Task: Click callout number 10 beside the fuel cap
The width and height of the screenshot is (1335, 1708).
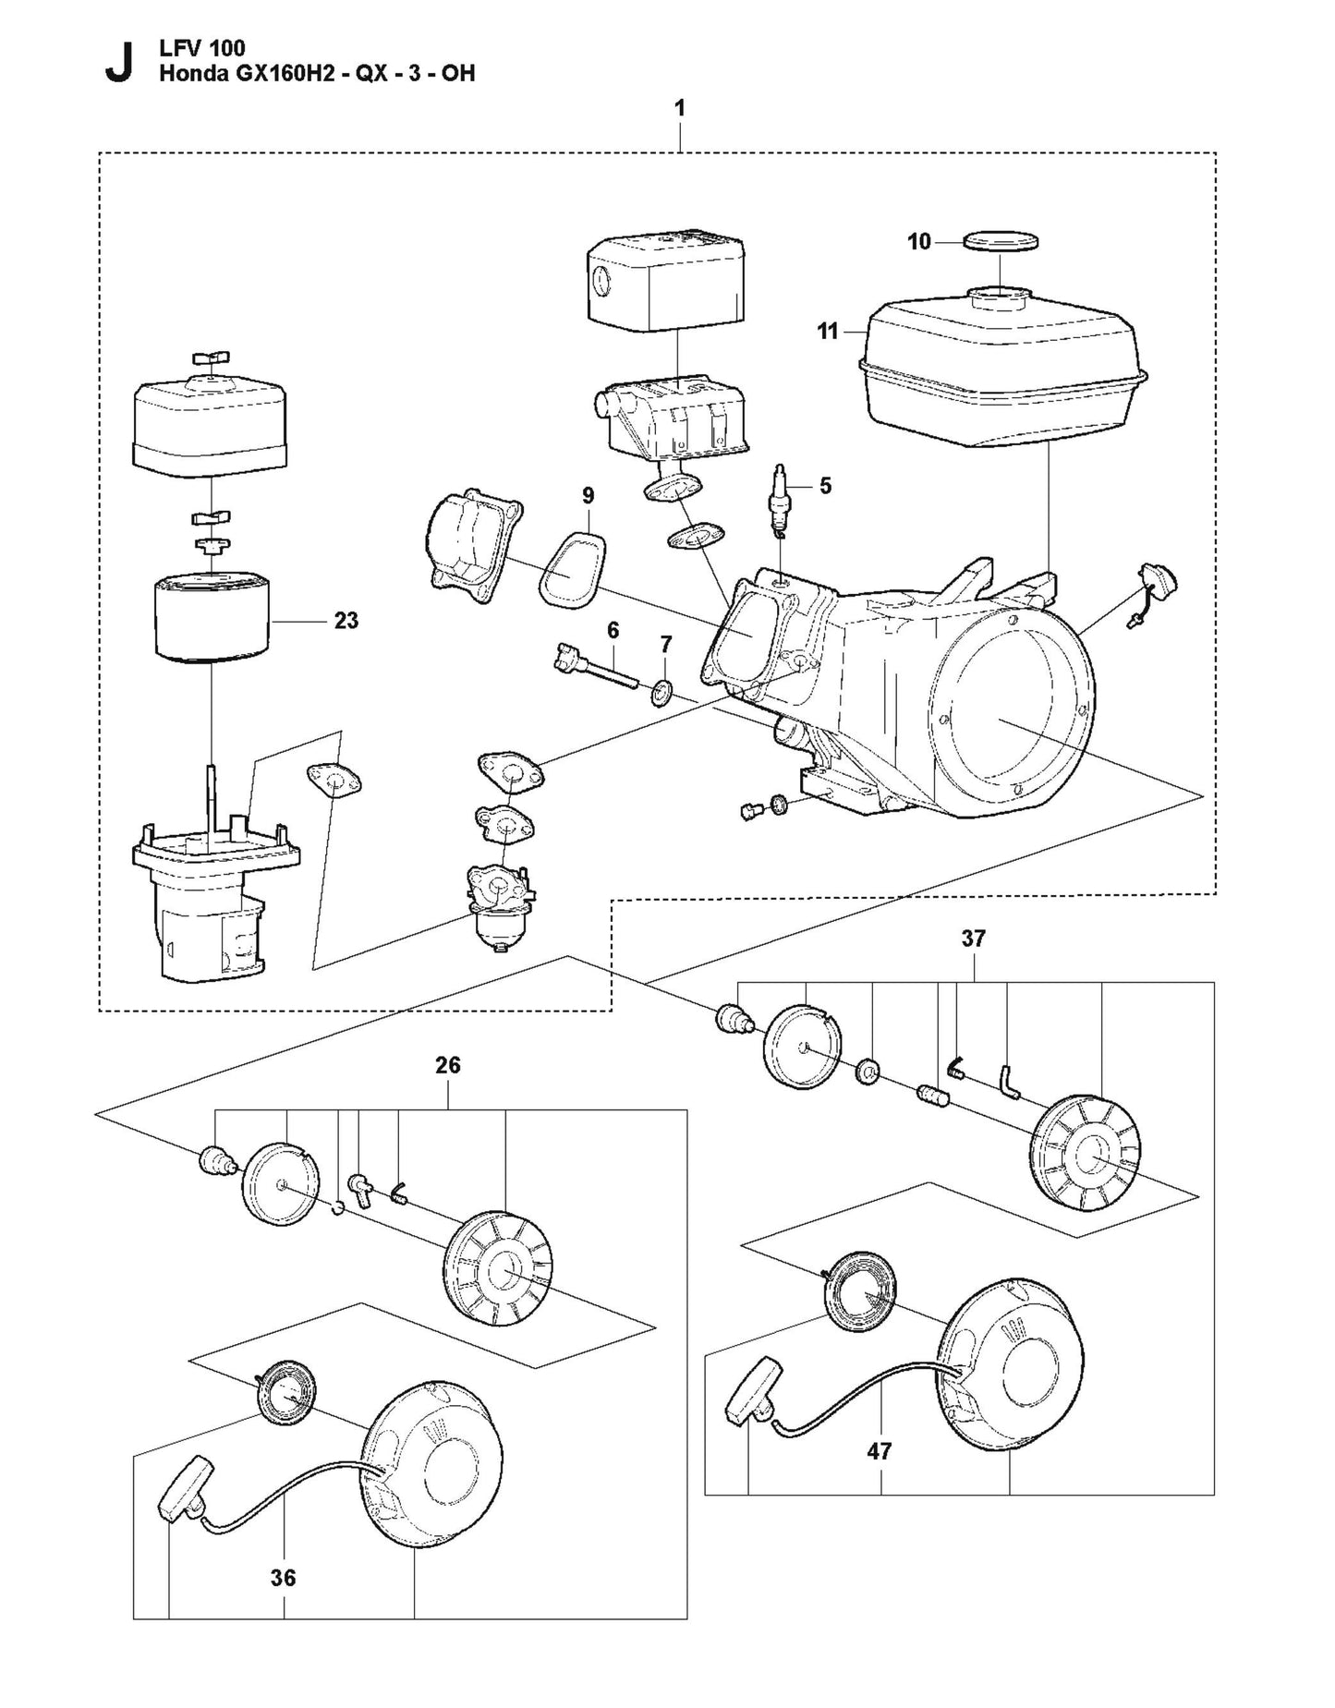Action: tap(918, 242)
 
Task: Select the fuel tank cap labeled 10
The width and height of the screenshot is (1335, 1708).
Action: tap(1000, 242)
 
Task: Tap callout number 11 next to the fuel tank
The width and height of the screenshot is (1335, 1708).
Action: tap(827, 331)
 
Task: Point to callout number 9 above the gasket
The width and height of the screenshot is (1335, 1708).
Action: tap(589, 496)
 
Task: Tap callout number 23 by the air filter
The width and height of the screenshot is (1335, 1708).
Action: tap(346, 621)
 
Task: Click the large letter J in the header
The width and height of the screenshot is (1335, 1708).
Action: tap(117, 62)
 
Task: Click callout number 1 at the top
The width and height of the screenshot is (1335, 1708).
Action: tap(679, 109)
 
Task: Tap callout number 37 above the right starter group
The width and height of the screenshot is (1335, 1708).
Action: tap(973, 939)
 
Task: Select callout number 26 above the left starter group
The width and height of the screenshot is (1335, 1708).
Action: tap(447, 1065)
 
